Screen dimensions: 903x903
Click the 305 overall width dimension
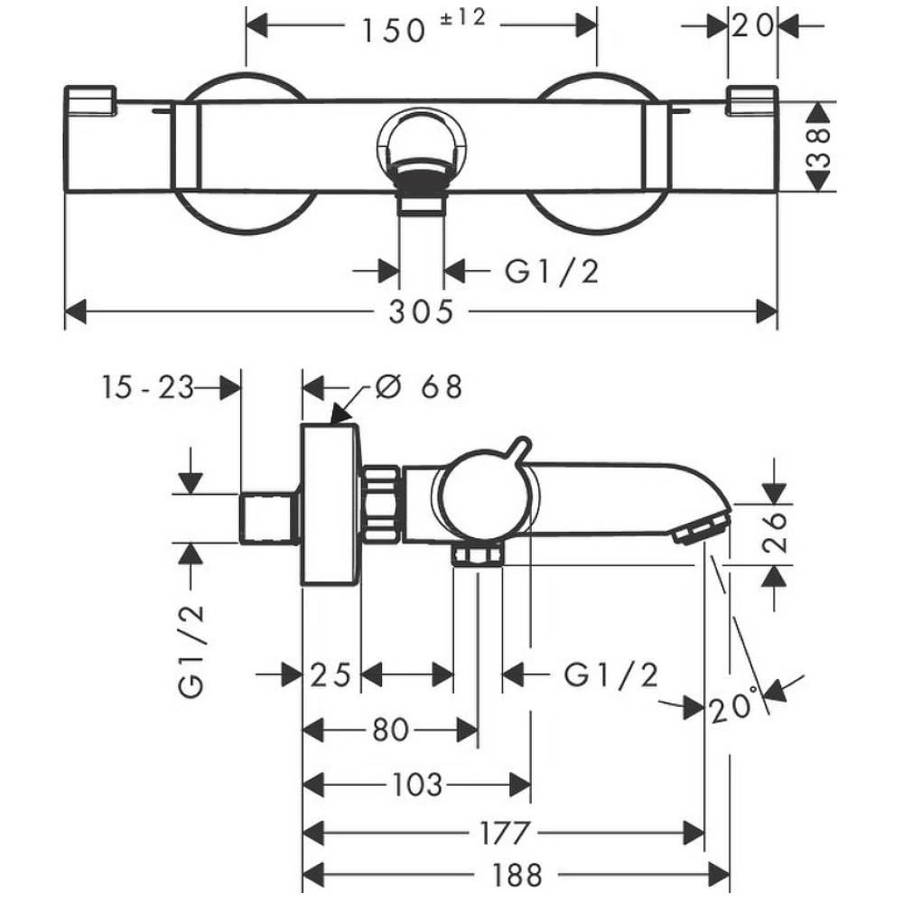(x=421, y=312)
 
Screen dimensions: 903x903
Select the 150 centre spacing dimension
(x=394, y=31)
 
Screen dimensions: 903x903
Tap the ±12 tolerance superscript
(x=463, y=17)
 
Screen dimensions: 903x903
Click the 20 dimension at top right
(x=752, y=25)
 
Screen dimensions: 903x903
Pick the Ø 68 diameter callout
(x=419, y=386)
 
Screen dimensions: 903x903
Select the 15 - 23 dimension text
(x=148, y=387)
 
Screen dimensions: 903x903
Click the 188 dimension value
(x=517, y=876)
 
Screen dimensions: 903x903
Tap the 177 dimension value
(x=504, y=833)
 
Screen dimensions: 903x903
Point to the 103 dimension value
(x=417, y=785)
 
